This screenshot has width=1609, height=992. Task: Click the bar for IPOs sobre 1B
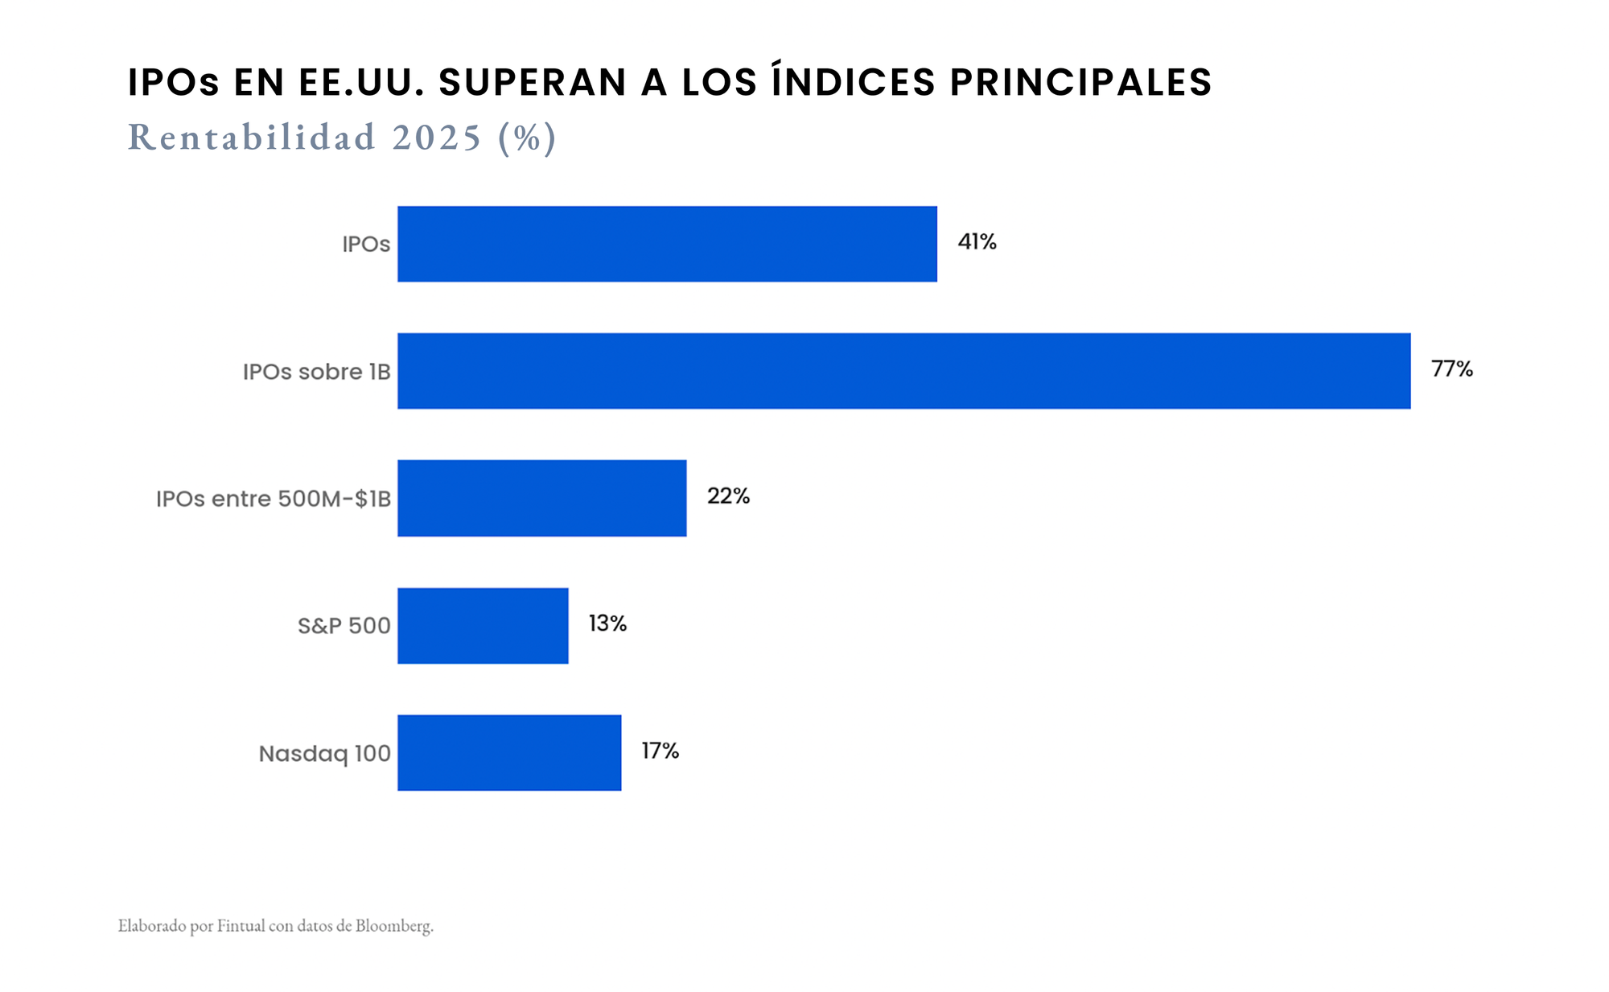[x=903, y=371]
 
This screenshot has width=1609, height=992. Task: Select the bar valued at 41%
[x=667, y=244]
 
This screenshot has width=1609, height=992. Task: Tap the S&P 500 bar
[x=483, y=626]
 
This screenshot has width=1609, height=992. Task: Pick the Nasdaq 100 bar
[x=509, y=753]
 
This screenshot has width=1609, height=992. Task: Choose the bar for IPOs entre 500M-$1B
[x=541, y=498]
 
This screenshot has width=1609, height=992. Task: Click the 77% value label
[x=1451, y=369]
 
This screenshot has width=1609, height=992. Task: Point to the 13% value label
[x=607, y=624]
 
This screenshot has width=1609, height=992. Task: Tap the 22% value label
[x=728, y=496]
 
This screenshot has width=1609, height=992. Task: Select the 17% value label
[x=660, y=751]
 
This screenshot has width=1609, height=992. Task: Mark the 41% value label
[x=977, y=242]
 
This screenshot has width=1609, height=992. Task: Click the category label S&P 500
[x=344, y=626]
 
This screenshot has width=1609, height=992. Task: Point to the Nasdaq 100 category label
[x=324, y=754]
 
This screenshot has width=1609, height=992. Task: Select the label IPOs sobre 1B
[x=316, y=372]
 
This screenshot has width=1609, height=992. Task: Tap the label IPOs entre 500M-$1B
[x=273, y=499]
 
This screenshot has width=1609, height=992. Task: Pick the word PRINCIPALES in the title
[x=1080, y=83]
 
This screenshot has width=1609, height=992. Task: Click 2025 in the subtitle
[x=437, y=138]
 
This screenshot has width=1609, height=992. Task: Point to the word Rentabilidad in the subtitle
[x=251, y=138]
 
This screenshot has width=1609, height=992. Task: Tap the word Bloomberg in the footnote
[x=393, y=926]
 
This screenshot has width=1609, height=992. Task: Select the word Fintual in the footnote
[x=241, y=926]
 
